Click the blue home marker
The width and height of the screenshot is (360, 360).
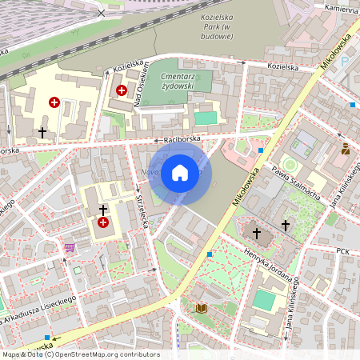[180, 173]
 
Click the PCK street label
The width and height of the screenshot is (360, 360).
[343, 250]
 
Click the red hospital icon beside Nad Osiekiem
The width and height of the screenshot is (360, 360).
[122, 91]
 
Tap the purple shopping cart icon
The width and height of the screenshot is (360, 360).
[70, 247]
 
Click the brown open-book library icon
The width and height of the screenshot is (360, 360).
[201, 308]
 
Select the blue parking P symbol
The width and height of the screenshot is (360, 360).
[345, 61]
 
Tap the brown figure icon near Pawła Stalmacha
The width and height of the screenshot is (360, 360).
[345, 149]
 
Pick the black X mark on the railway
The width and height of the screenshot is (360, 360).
[101, 13]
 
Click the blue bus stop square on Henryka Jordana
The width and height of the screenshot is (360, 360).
[210, 254]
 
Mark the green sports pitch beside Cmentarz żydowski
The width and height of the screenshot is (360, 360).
[206, 118]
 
